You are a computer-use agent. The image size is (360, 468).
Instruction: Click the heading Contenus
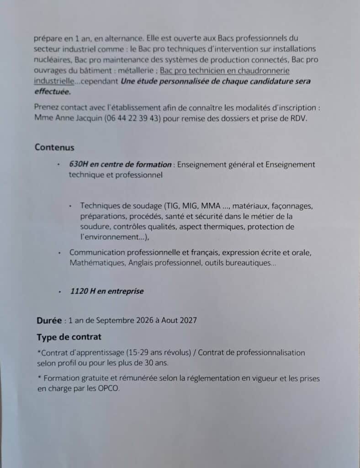tap(54, 147)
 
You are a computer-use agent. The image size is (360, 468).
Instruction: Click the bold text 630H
tap(78, 165)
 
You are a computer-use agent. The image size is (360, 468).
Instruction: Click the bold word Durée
tap(49, 320)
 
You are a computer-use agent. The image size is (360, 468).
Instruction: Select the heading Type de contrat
tap(69, 337)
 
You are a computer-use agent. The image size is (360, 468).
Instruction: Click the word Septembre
tap(112, 320)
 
